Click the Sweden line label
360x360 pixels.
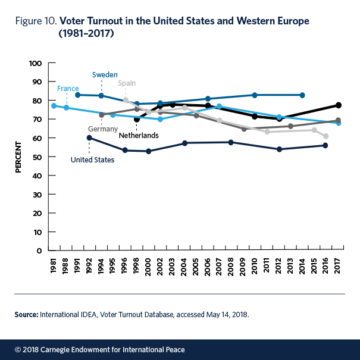(105, 75)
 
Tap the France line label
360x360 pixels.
(68, 89)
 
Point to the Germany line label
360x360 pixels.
(102, 129)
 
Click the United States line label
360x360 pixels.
(92, 159)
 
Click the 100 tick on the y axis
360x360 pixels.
(34, 63)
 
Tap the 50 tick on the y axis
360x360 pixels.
(36, 156)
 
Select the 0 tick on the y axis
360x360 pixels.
(38, 251)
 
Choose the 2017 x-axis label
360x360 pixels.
(338, 265)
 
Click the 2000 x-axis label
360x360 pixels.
(148, 265)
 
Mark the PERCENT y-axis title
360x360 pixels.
(18, 157)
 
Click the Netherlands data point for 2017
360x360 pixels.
(338, 105)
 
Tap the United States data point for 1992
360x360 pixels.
(89, 137)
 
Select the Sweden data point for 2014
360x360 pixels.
(302, 95)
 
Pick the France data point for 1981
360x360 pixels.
(54, 106)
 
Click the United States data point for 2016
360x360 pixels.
(325, 145)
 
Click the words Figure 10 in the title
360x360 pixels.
(36, 22)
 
